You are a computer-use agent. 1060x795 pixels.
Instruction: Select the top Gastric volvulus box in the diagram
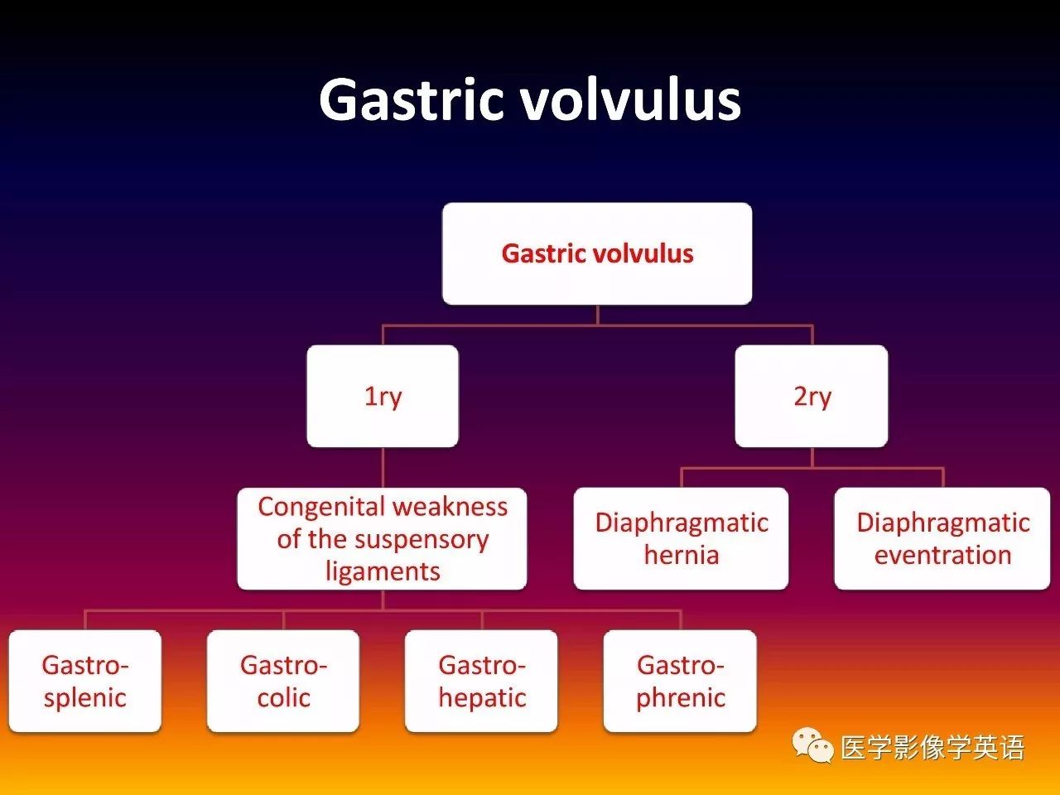[597, 253]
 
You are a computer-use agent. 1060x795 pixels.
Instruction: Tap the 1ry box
[383, 396]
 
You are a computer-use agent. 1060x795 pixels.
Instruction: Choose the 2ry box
[812, 396]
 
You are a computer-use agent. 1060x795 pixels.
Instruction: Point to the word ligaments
[383, 572]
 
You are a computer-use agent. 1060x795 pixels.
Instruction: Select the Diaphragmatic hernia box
[681, 538]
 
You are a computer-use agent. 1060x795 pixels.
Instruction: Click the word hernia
[682, 555]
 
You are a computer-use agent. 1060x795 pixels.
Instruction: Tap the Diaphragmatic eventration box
[942, 538]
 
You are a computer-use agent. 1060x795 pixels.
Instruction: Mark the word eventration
[942, 555]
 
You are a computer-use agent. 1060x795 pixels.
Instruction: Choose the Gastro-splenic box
[85, 681]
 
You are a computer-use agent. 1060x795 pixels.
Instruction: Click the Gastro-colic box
[283, 681]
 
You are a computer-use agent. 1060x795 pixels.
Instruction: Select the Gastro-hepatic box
[481, 681]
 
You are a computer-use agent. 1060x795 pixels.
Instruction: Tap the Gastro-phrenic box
[680, 681]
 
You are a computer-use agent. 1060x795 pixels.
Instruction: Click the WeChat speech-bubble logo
[812, 746]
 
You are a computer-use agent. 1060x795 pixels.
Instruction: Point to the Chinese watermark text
[932, 748]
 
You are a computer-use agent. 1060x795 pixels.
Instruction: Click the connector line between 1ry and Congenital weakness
[383, 468]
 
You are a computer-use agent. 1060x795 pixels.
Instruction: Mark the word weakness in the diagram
[450, 508]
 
